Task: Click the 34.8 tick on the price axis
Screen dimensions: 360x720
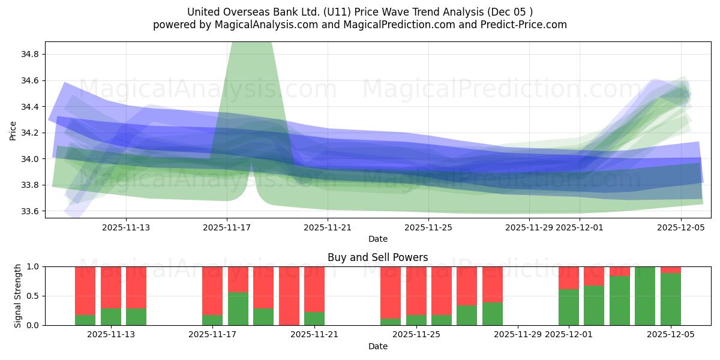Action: click(x=29, y=55)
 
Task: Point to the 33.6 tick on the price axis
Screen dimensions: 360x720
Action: click(x=29, y=211)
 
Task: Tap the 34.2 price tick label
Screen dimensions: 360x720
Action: click(x=29, y=133)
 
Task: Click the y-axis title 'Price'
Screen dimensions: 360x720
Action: click(x=13, y=130)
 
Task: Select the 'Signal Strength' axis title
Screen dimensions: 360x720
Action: click(x=18, y=296)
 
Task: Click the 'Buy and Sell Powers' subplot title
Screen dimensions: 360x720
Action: click(x=377, y=257)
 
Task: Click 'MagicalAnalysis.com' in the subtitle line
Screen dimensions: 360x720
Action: click(x=262, y=25)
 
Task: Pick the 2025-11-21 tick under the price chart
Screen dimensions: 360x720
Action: click(x=328, y=227)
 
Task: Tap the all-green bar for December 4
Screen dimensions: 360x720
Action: click(x=645, y=296)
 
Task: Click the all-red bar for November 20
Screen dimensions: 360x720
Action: click(x=289, y=296)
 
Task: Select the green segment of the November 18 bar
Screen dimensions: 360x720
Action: click(x=238, y=309)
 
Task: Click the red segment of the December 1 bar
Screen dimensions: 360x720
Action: click(x=569, y=277)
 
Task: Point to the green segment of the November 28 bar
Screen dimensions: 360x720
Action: click(x=493, y=314)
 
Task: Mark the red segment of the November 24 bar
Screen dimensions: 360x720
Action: click(x=391, y=291)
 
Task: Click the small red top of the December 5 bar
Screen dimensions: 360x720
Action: click(x=671, y=270)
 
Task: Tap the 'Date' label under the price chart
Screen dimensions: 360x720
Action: click(x=377, y=239)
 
